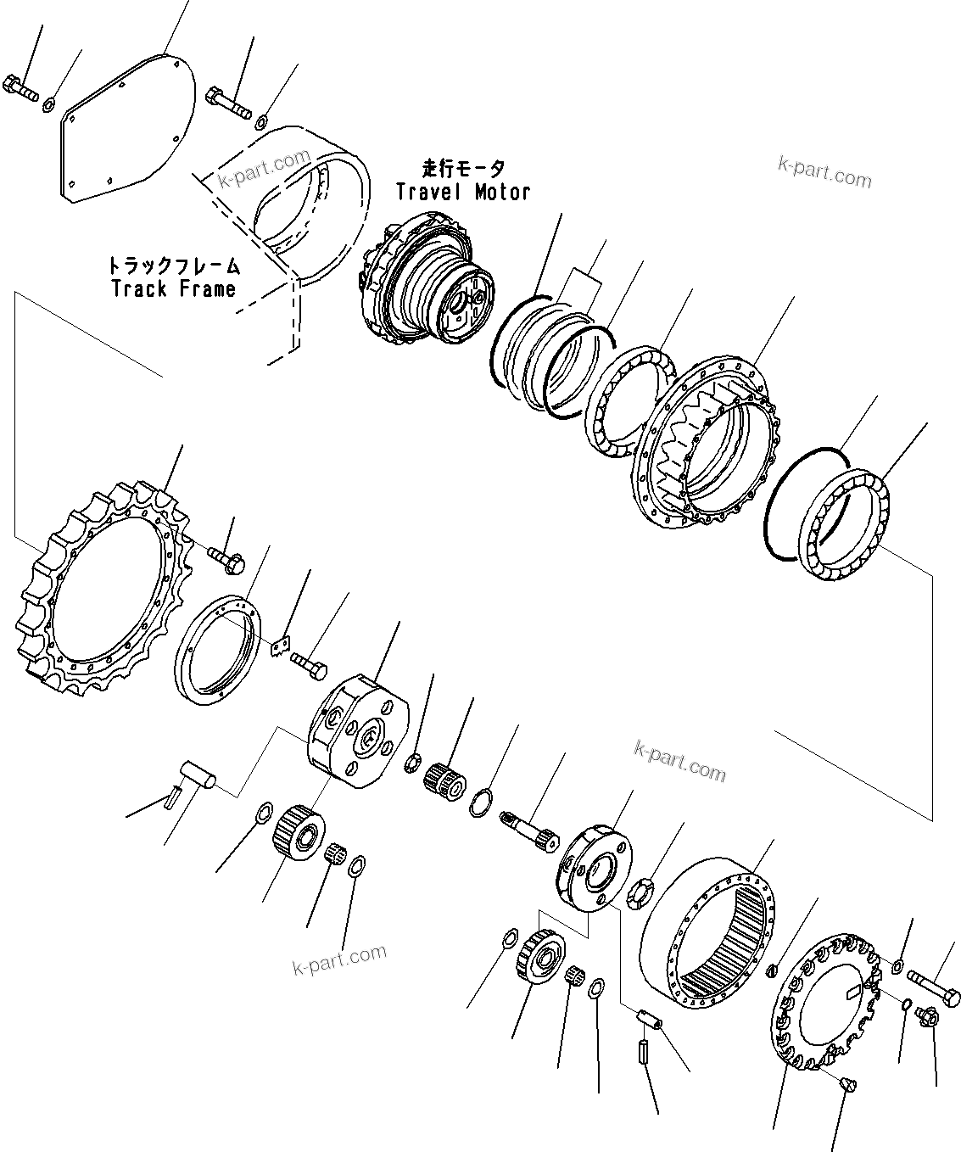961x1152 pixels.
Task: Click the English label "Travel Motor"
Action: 463,193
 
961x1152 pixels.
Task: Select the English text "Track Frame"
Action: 173,288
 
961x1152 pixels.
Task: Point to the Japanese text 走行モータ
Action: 463,168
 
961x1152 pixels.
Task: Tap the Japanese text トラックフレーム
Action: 173,265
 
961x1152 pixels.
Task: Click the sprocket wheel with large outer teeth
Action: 102,585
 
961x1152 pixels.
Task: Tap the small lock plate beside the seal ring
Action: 282,649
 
